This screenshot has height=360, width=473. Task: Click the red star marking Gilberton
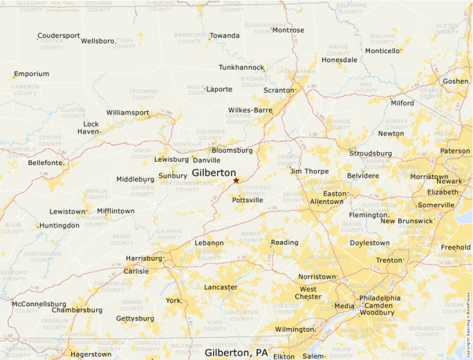(x=236, y=180)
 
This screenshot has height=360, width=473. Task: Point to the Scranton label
(x=279, y=90)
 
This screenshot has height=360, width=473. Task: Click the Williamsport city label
(x=127, y=113)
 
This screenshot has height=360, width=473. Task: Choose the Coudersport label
(x=58, y=35)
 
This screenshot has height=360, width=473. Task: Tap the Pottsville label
(x=248, y=200)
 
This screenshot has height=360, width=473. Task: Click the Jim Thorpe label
(x=309, y=171)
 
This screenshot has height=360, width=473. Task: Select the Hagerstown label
(x=91, y=354)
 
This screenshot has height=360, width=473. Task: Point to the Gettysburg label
(x=135, y=319)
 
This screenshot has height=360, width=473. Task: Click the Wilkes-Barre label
(x=250, y=110)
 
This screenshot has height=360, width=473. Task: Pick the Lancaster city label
(x=221, y=287)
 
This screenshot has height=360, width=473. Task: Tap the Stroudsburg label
(x=370, y=153)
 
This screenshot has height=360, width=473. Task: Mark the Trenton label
(x=389, y=260)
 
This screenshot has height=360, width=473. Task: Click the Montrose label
(x=288, y=30)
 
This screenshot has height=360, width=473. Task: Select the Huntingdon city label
(x=59, y=225)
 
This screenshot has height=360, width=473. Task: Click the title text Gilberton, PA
(x=236, y=352)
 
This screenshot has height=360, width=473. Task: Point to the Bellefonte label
(x=46, y=162)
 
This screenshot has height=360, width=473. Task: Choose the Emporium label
(x=32, y=74)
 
